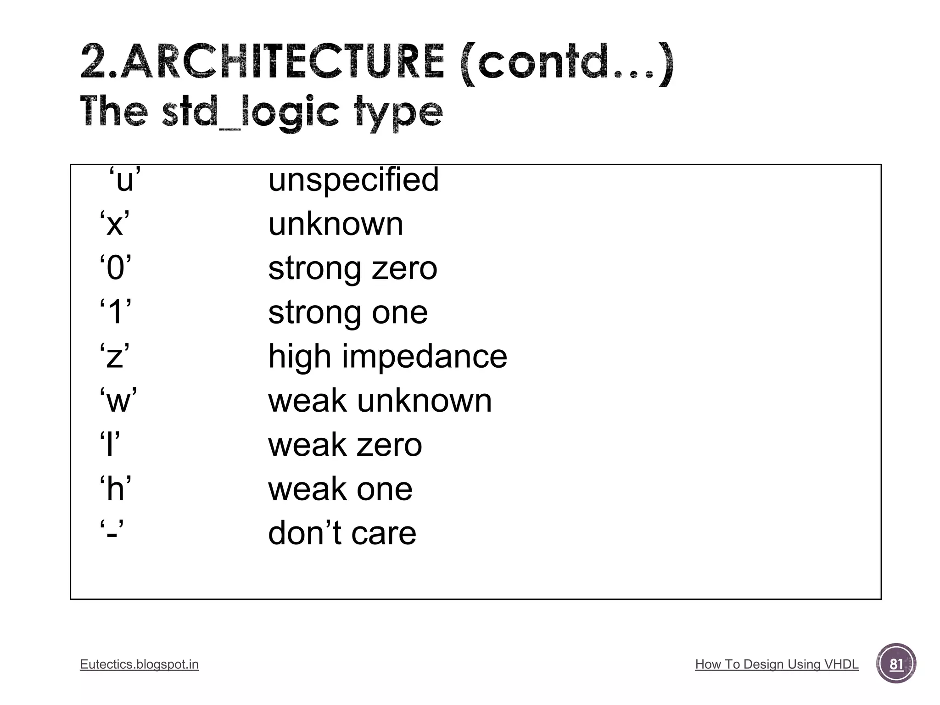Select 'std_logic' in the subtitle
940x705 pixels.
[251, 112]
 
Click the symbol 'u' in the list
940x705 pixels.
[124, 180]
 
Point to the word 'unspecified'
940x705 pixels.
[353, 179]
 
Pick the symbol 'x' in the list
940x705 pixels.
[115, 224]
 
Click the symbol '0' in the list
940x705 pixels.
[116, 269]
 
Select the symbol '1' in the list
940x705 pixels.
[116, 313]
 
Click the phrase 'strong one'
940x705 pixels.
[348, 313]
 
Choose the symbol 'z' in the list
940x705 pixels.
[114, 357]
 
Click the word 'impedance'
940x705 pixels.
[425, 357]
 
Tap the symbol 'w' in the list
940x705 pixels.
[118, 401]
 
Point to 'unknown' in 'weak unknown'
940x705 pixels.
[424, 401]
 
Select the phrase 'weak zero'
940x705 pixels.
[345, 445]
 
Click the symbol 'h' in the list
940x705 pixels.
[116, 489]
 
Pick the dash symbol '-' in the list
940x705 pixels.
[112, 534]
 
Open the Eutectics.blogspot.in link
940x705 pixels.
[139, 664]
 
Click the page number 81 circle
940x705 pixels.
[896, 664]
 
